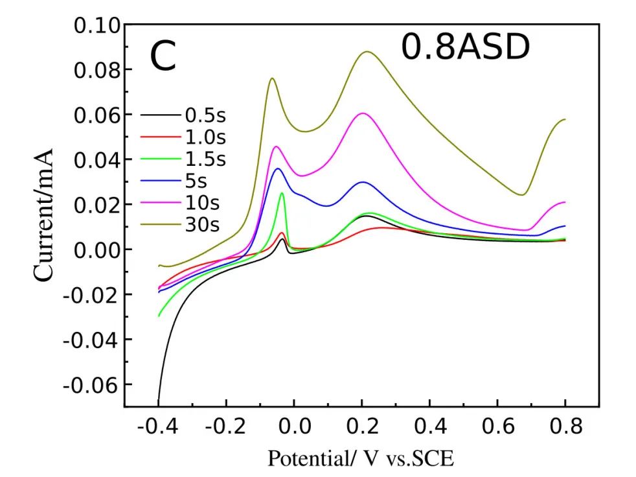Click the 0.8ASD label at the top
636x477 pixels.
click(465, 48)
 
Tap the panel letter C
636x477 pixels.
click(163, 56)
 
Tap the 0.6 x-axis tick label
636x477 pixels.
click(497, 428)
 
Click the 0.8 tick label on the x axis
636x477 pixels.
click(565, 428)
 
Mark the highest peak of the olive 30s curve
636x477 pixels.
click(367, 52)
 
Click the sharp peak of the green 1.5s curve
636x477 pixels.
click(282, 193)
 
